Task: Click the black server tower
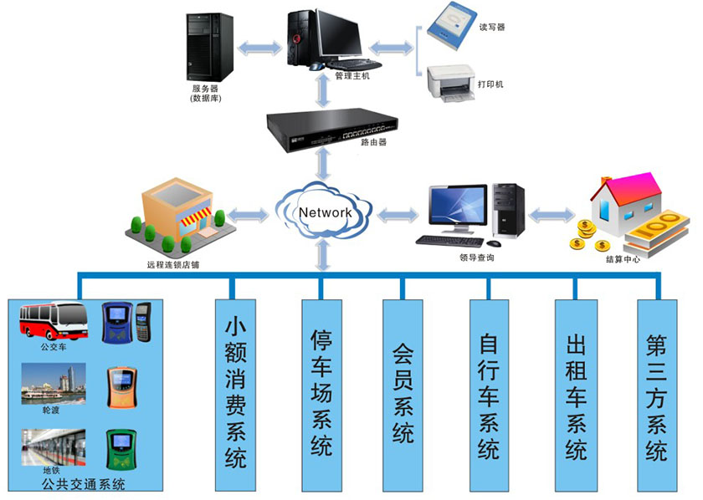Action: click(210, 46)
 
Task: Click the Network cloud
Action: click(325, 213)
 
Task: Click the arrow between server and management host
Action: click(258, 48)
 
